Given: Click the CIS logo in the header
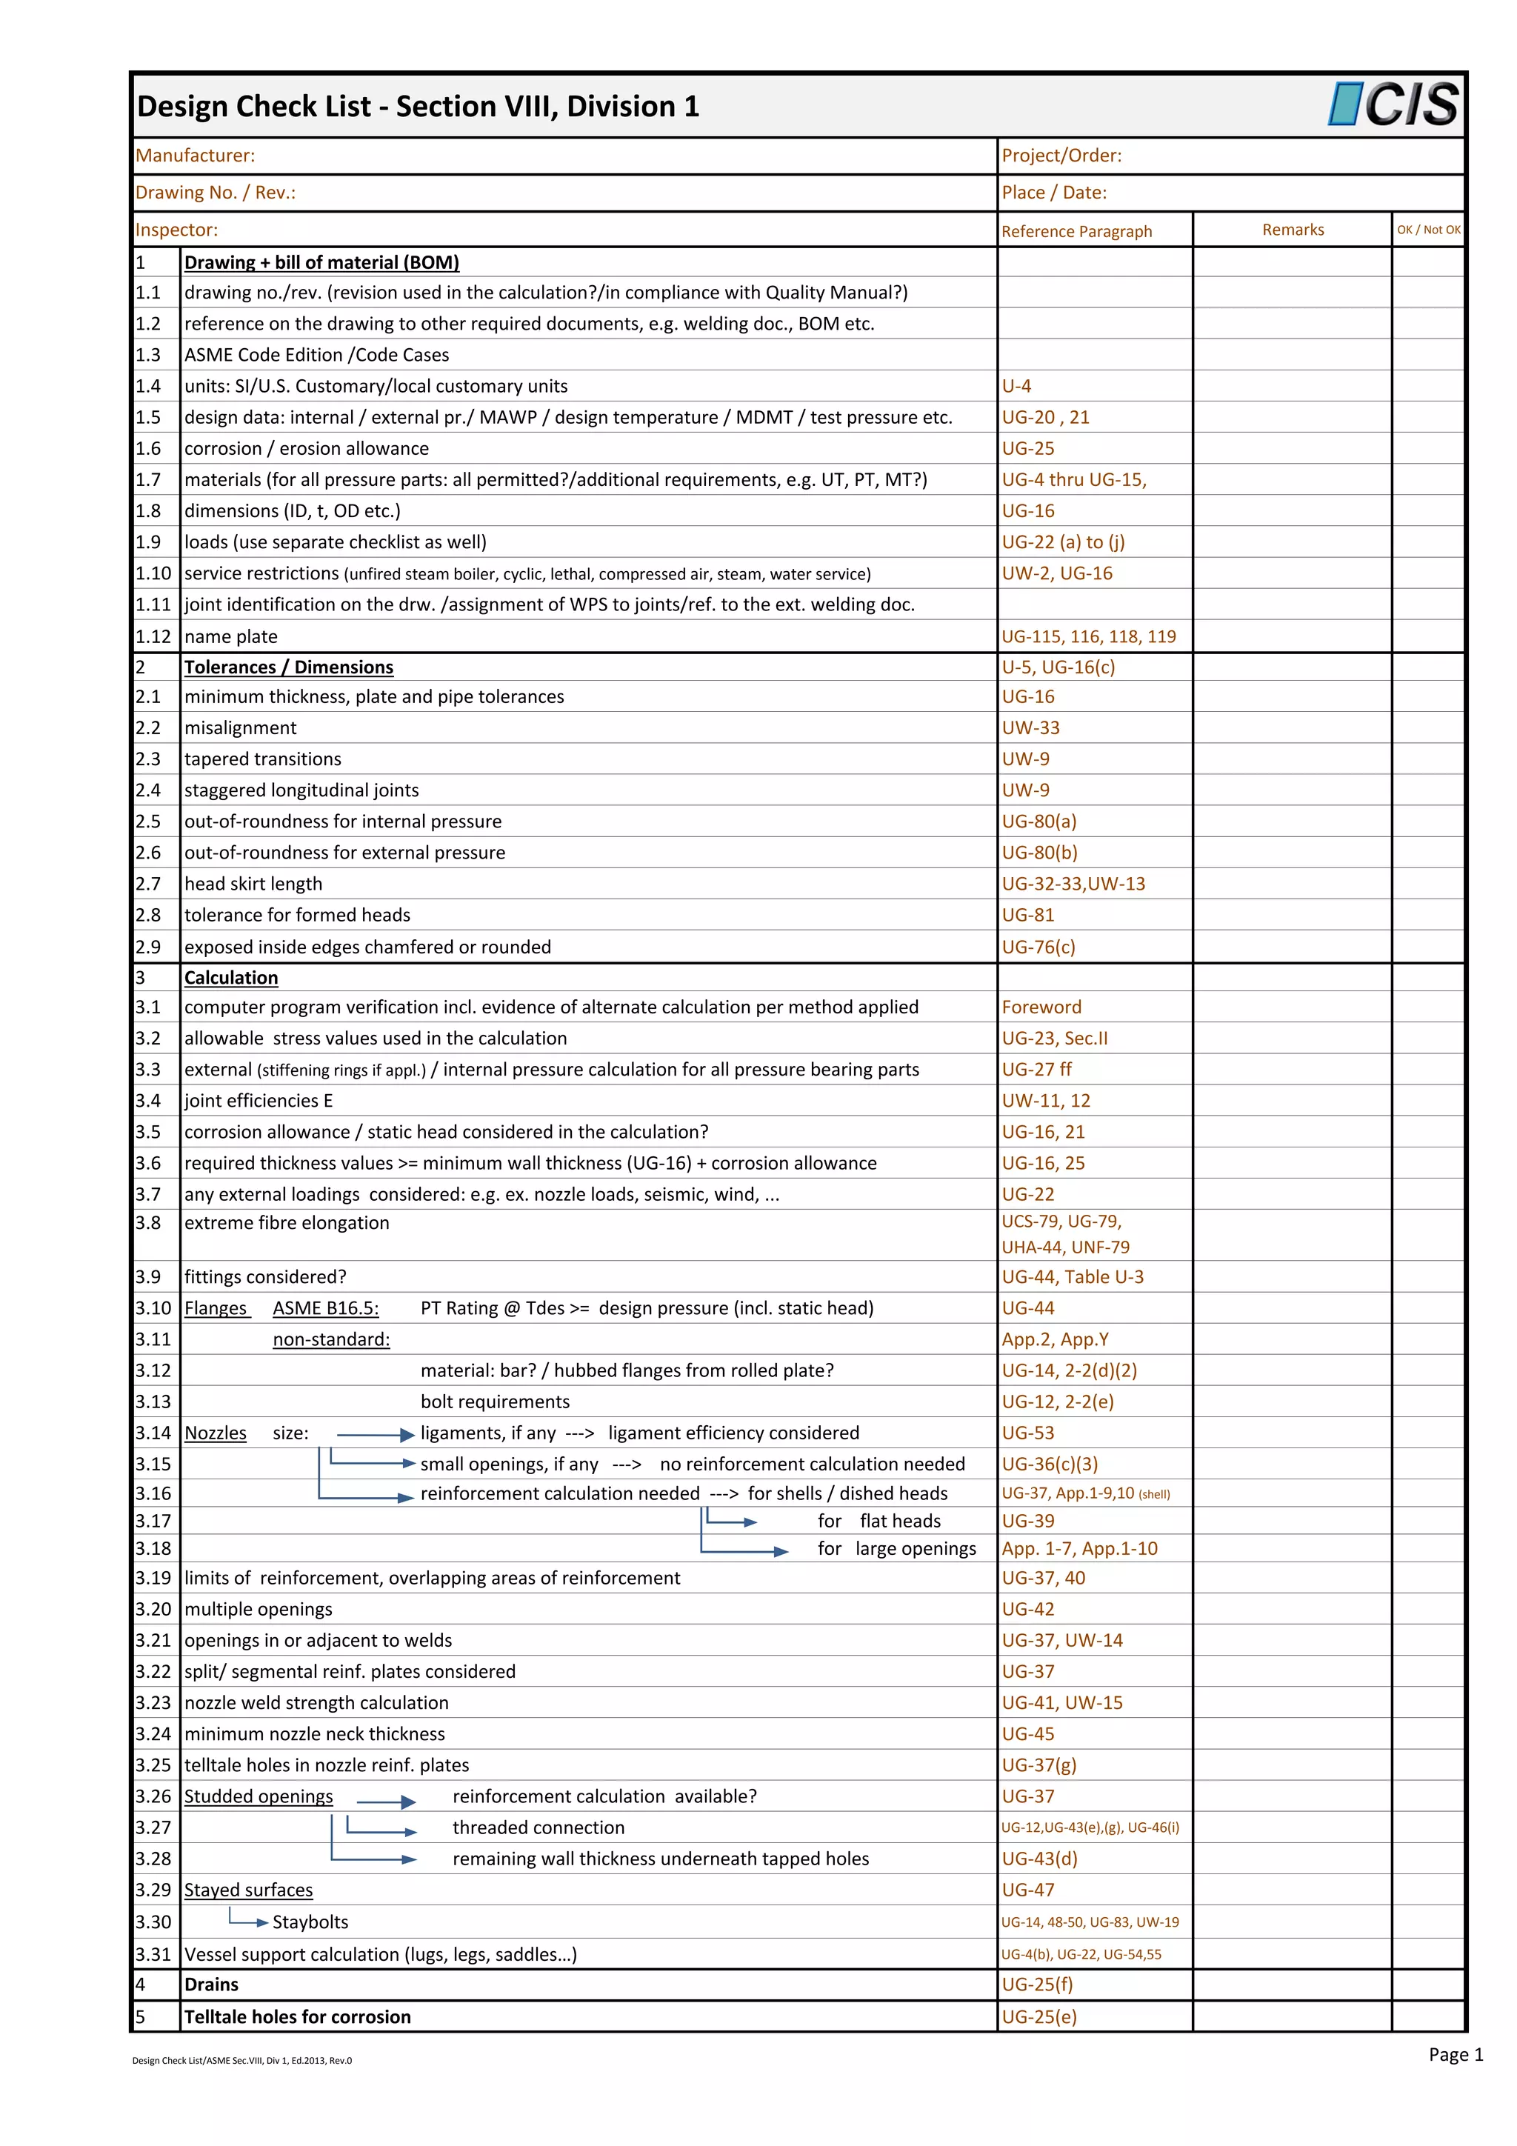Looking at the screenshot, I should [x=1392, y=104].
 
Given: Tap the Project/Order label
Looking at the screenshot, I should [x=1061, y=156].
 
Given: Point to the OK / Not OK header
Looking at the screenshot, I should [x=1427, y=230].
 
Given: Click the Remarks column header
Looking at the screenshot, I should [x=1292, y=230].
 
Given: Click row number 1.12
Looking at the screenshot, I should [x=153, y=636].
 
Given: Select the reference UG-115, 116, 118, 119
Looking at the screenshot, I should [x=1088, y=636].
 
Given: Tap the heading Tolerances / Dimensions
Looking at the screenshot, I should [x=288, y=667].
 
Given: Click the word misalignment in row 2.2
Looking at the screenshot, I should [x=240, y=728].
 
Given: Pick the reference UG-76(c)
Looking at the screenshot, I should [x=1038, y=947].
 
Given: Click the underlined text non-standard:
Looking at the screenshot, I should [x=331, y=1339].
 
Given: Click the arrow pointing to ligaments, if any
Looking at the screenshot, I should [x=375, y=1435].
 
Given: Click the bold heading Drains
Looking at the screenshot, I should [x=211, y=1985].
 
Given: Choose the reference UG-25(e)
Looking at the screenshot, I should [x=1038, y=2017].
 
